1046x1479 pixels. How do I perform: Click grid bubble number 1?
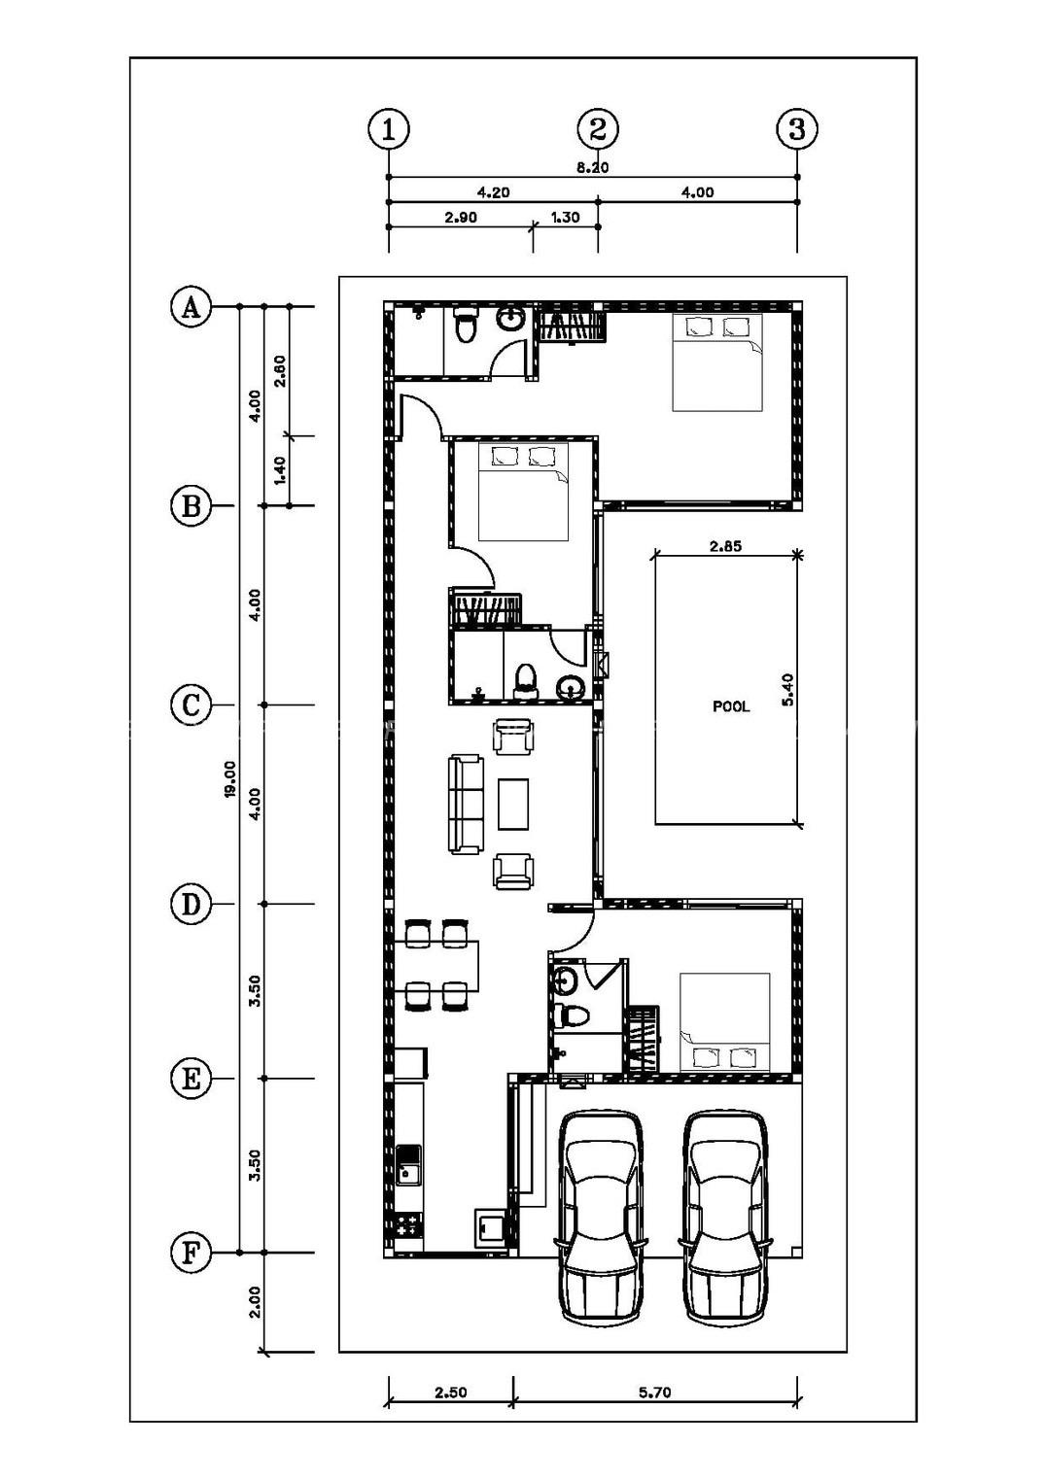click(389, 129)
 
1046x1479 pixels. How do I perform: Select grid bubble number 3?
click(797, 129)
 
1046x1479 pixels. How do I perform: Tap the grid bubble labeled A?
click(191, 307)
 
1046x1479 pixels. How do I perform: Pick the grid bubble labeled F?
click(191, 1253)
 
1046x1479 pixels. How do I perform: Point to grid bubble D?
click(191, 905)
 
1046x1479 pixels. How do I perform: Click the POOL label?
click(731, 706)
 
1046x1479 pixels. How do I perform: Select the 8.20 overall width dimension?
click(593, 167)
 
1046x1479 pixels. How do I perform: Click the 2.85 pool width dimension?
click(725, 546)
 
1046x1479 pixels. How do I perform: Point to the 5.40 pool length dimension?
click(787, 689)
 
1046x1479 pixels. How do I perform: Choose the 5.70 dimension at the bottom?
click(655, 1393)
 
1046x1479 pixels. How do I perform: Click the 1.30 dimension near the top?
click(565, 218)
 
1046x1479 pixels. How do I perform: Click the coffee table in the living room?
click(513, 805)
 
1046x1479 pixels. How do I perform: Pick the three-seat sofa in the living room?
click(466, 805)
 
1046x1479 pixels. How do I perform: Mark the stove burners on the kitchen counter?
click(407, 1224)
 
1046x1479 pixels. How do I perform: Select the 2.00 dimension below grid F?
click(255, 1302)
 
